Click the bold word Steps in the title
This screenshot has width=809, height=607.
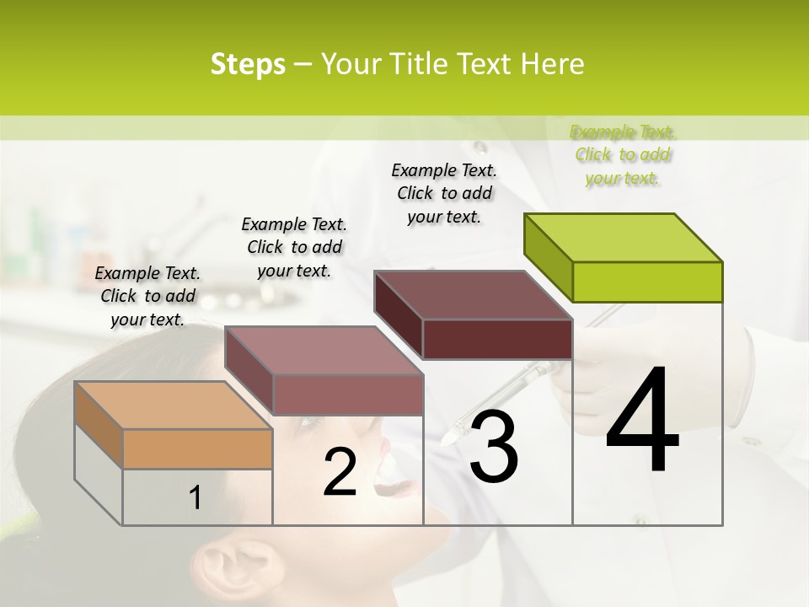pyautogui.click(x=248, y=64)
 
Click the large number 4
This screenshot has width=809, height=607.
pyautogui.click(x=642, y=421)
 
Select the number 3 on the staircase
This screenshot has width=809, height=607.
pyautogui.click(x=494, y=447)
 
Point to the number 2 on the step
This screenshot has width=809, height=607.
pyautogui.click(x=340, y=473)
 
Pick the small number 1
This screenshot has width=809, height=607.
pyautogui.click(x=196, y=498)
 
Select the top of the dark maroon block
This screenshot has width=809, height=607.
pyautogui.click(x=472, y=295)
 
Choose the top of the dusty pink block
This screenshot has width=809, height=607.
pyautogui.click(x=323, y=351)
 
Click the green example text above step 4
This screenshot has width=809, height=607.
pyautogui.click(x=623, y=154)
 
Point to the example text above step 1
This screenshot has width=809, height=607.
pyautogui.click(x=148, y=296)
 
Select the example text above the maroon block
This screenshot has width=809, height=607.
pyautogui.click(x=444, y=193)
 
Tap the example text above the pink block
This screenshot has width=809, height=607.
pyautogui.click(x=294, y=247)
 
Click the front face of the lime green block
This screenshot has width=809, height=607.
pyautogui.click(x=647, y=282)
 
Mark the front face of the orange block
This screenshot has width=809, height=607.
pyautogui.click(x=197, y=449)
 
